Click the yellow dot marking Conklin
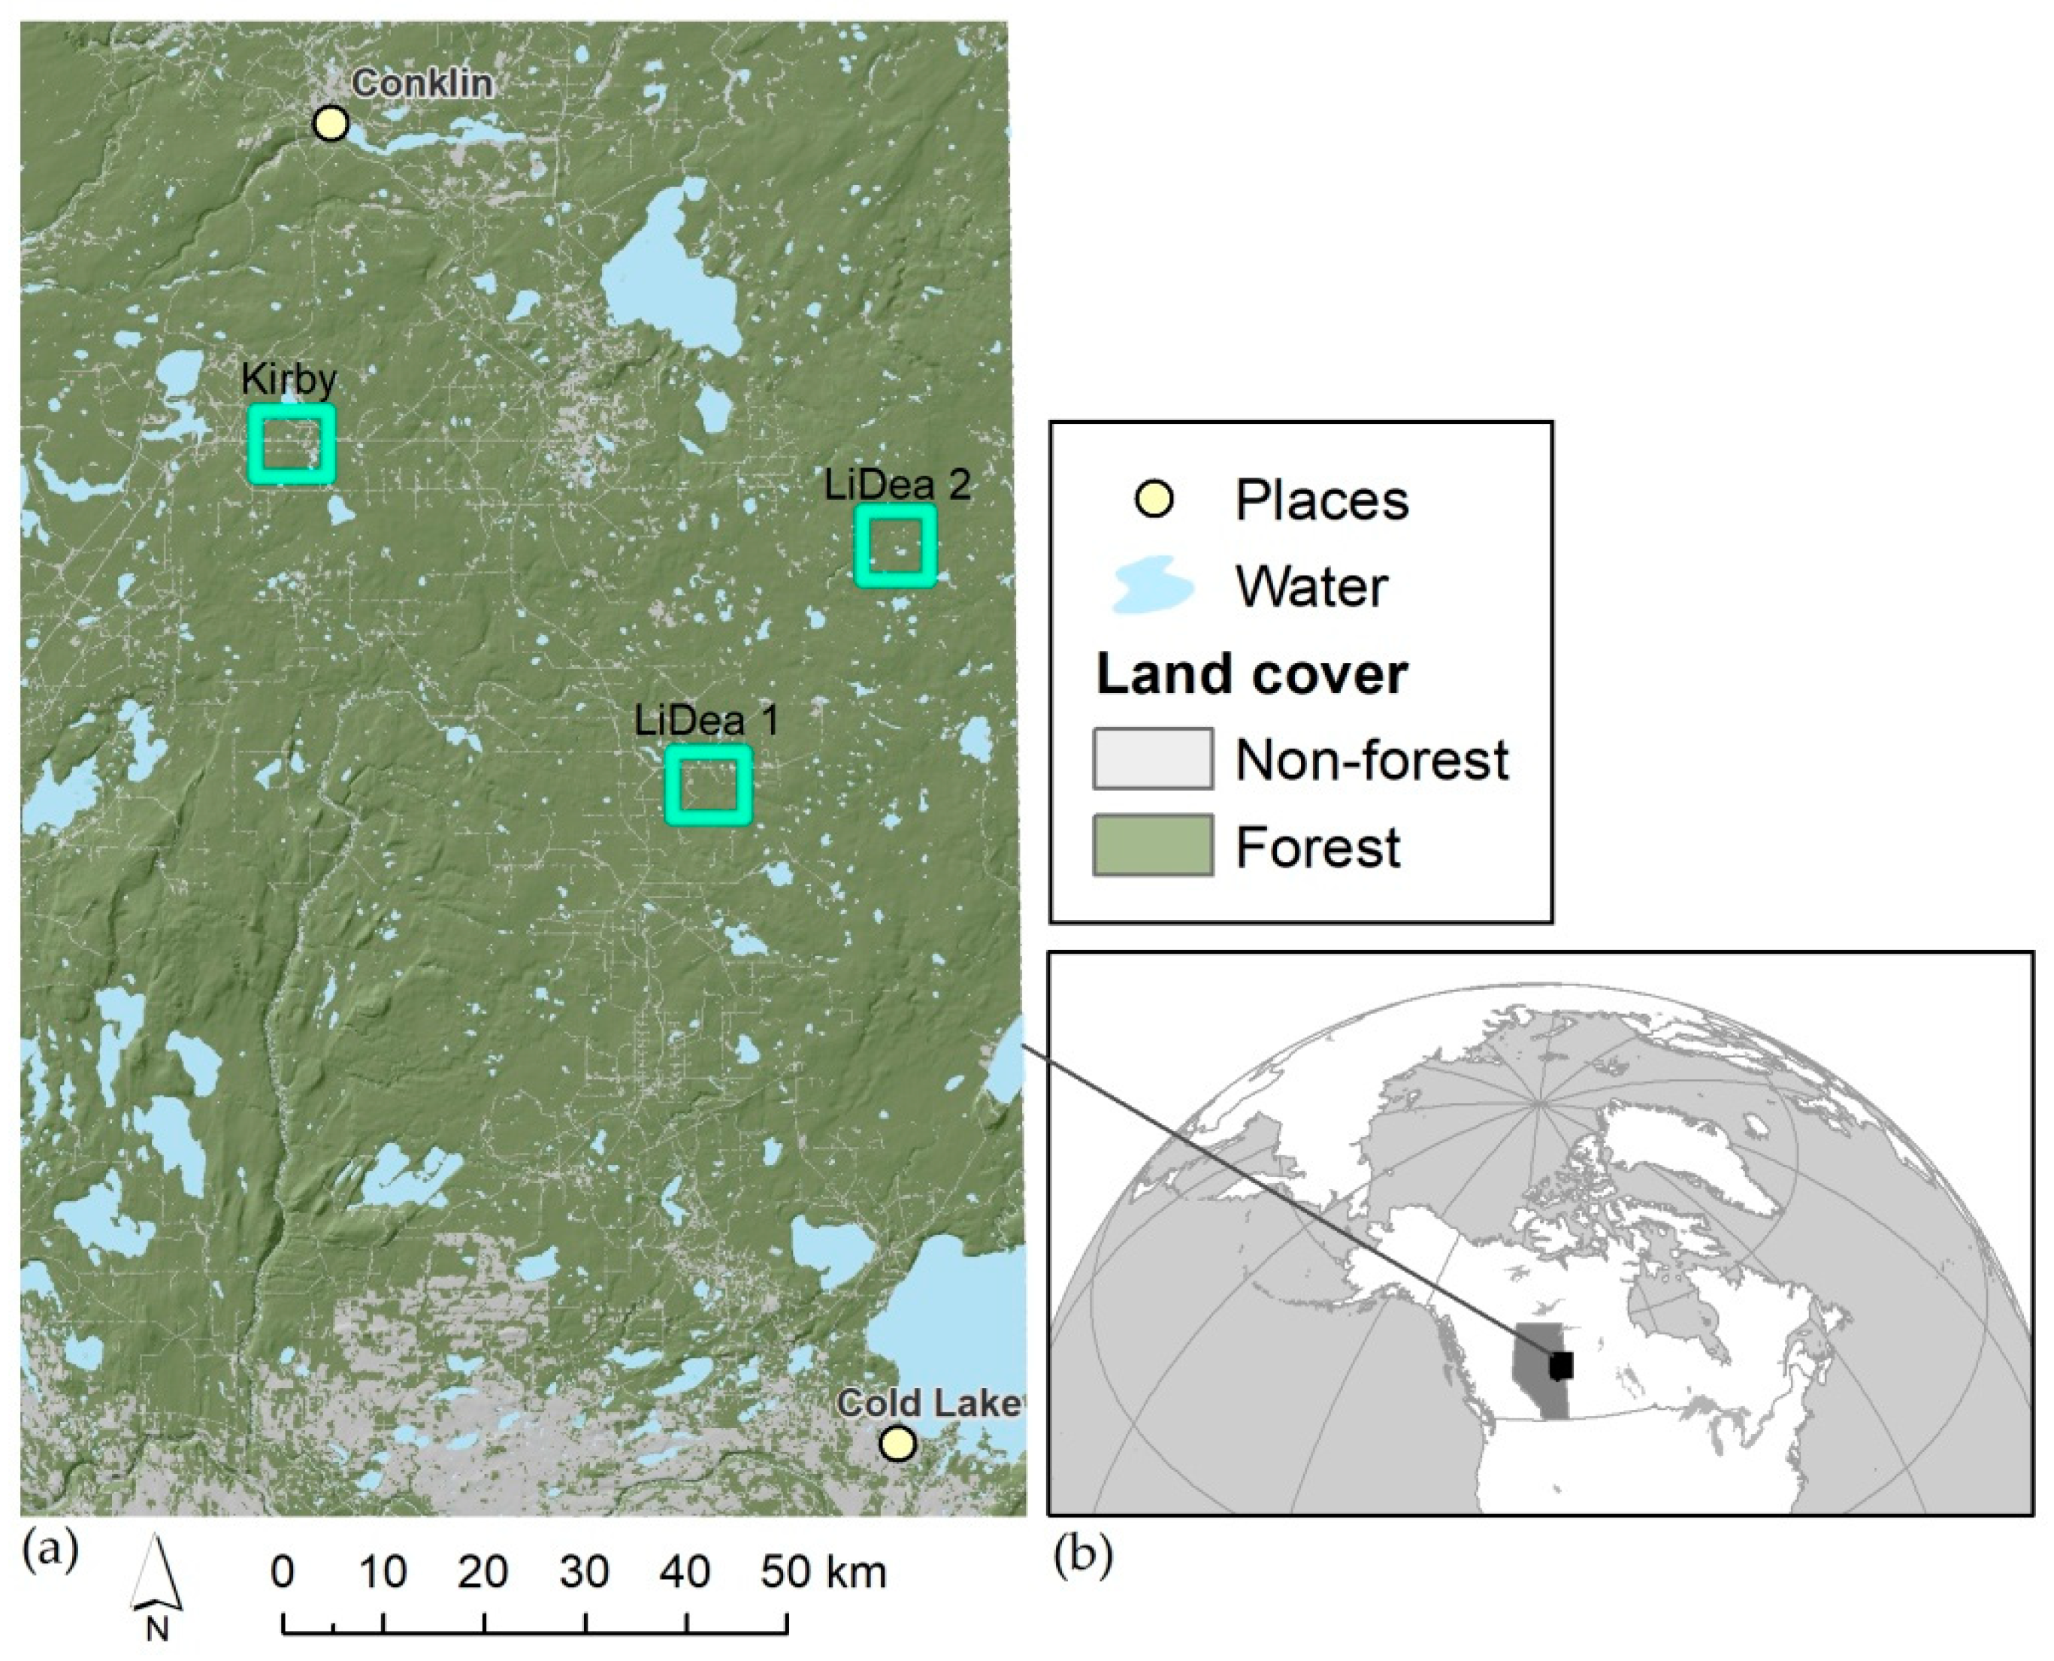[x=331, y=123]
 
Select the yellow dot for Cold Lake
[x=897, y=1444]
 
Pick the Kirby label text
[x=289, y=380]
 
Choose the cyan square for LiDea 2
[x=895, y=546]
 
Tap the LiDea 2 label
[x=897, y=485]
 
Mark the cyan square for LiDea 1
[x=709, y=785]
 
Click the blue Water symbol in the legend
[x=1152, y=585]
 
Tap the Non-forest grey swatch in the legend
[x=1153, y=759]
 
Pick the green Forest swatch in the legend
[x=1153, y=845]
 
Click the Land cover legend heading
[x=1251, y=674]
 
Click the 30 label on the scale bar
[x=585, y=1572]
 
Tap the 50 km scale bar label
[x=823, y=1572]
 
